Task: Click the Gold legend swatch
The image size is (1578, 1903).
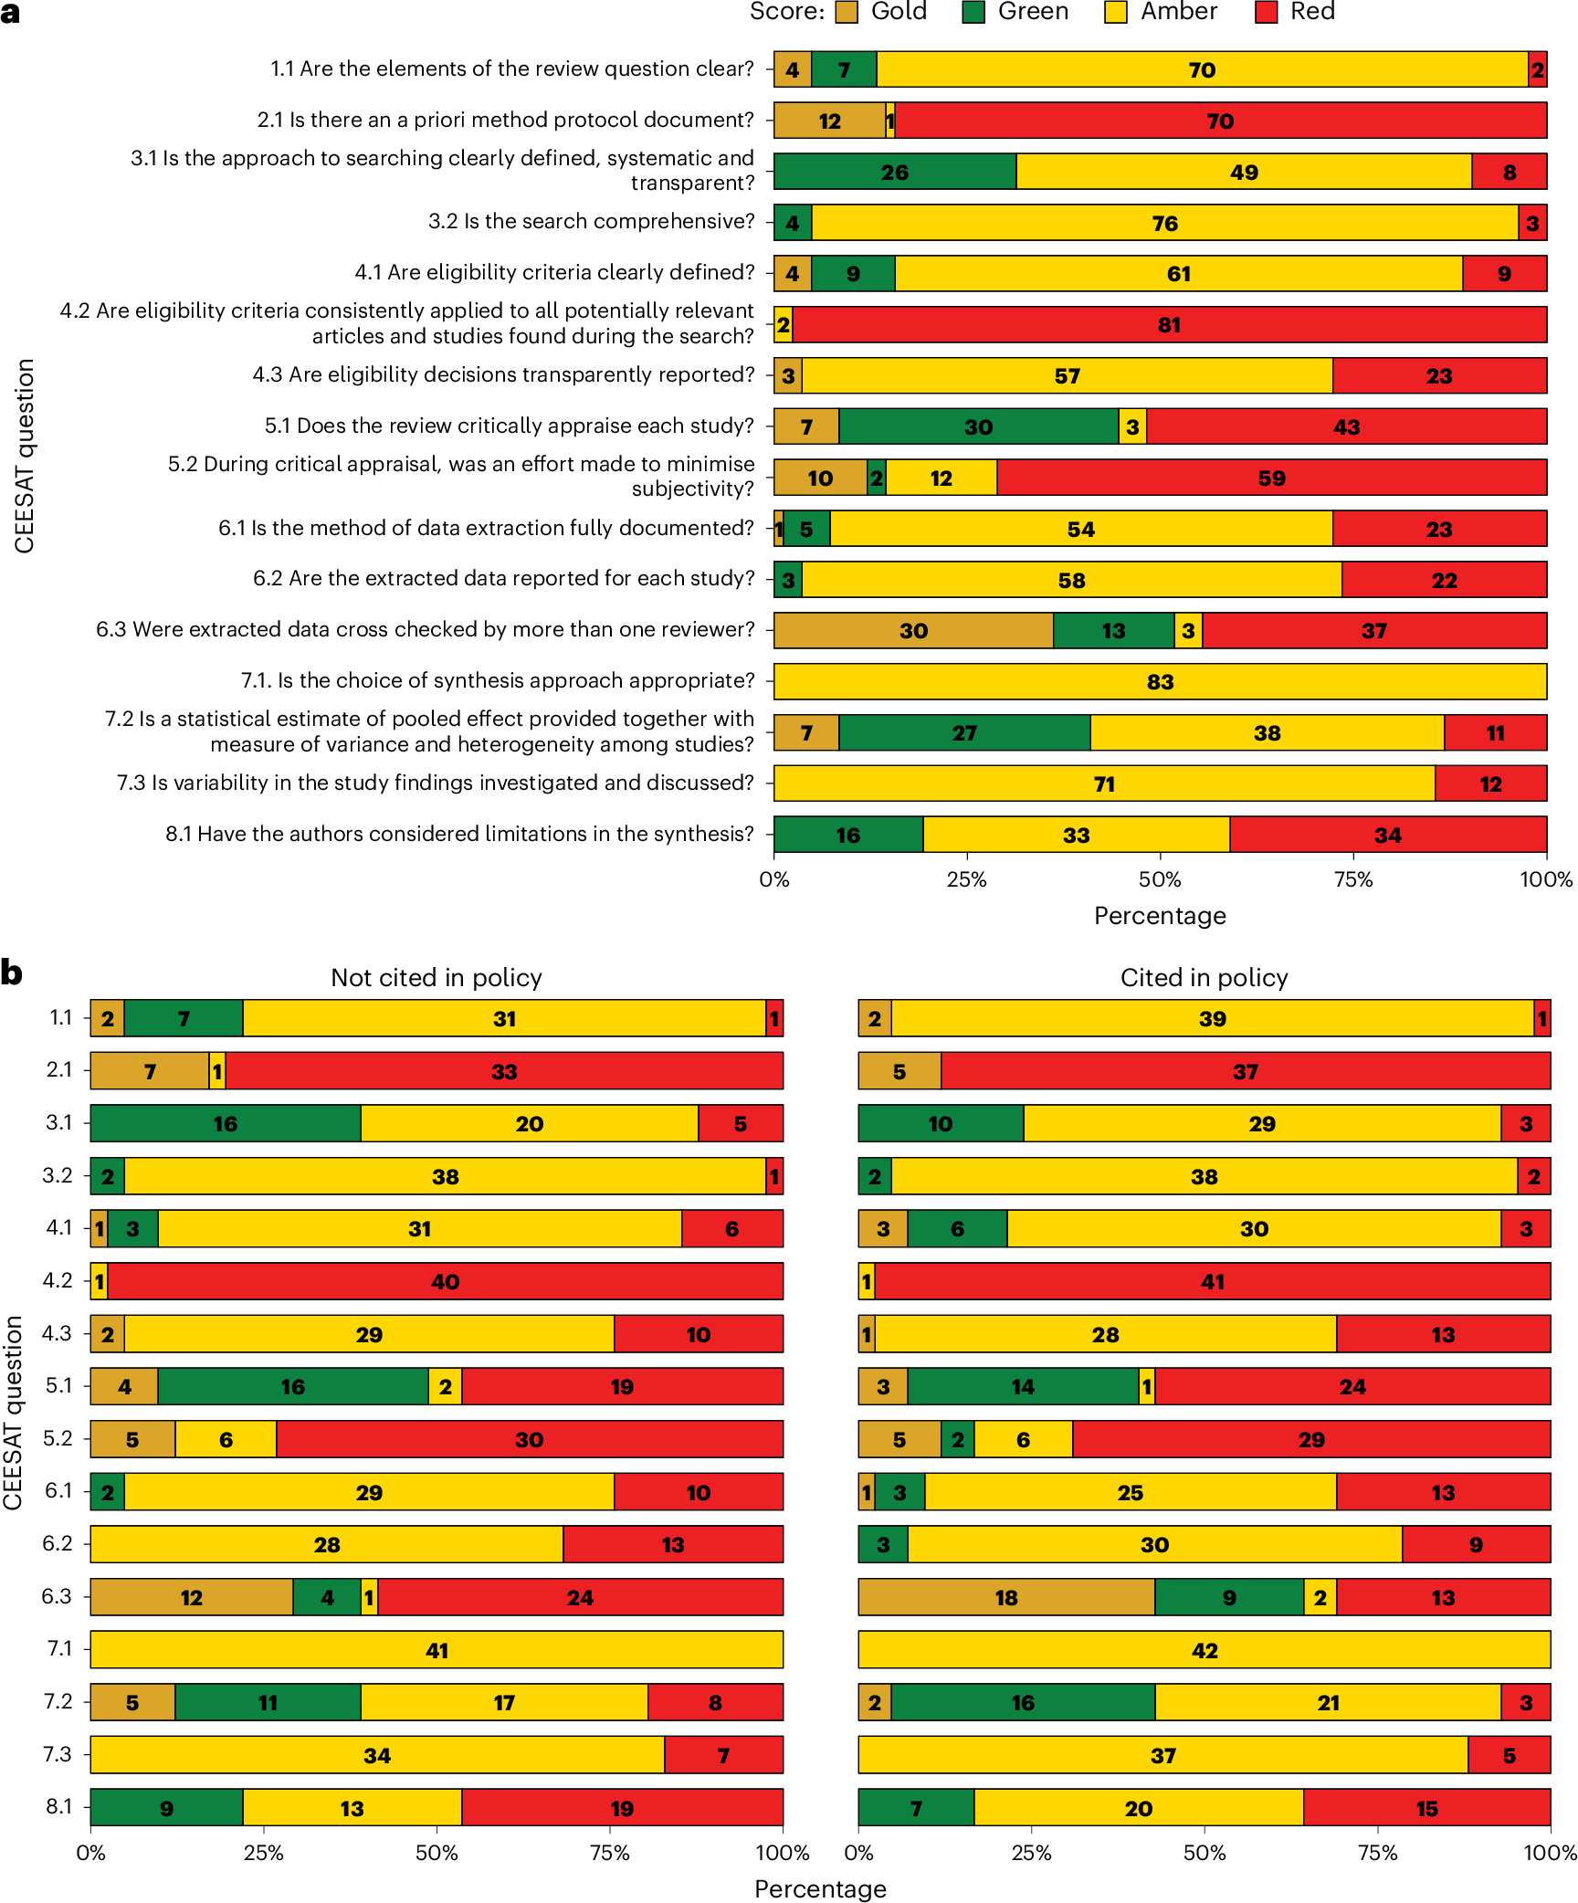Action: coord(847,12)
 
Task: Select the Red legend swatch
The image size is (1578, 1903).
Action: coord(1266,12)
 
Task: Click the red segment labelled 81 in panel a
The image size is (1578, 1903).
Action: coord(1169,325)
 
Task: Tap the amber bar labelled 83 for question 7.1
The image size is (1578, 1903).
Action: coord(1160,682)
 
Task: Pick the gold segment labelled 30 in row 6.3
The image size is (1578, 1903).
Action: coord(913,631)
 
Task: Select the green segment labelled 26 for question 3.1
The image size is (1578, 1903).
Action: coord(895,173)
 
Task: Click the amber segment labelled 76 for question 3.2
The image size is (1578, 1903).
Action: coord(1164,224)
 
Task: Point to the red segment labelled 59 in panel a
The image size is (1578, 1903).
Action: coord(1271,478)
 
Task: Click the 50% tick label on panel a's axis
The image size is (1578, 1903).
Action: coord(1160,880)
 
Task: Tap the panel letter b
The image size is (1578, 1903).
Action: coord(12,973)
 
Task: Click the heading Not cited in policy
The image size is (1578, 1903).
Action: coord(437,978)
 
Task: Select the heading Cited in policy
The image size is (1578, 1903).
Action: coord(1204,978)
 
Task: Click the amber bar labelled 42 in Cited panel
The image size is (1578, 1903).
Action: coord(1204,1650)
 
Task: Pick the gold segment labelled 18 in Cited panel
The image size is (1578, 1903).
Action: coord(1006,1597)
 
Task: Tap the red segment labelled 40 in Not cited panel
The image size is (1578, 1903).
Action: coord(445,1281)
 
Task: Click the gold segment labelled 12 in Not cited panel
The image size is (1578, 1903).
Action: coord(191,1597)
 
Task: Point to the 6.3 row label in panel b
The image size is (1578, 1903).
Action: coord(57,1596)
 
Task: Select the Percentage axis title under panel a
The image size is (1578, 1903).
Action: coord(1160,916)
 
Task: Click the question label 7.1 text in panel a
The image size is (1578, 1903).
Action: coord(498,681)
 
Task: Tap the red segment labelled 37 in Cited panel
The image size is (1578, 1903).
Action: coord(1246,1071)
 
